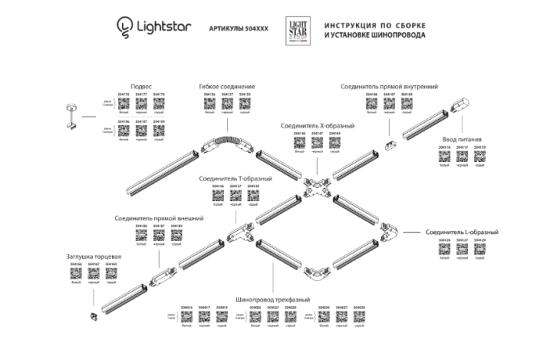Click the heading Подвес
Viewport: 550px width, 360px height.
[x=141, y=86]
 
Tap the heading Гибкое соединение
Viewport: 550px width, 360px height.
[x=227, y=86]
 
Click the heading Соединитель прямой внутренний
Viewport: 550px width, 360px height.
[x=389, y=86]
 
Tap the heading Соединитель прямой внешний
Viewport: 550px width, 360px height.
[x=159, y=218]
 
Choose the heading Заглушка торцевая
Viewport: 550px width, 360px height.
[x=93, y=257]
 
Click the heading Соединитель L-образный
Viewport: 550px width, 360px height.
[x=462, y=232]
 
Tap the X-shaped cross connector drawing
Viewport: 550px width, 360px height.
[x=317, y=186]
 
